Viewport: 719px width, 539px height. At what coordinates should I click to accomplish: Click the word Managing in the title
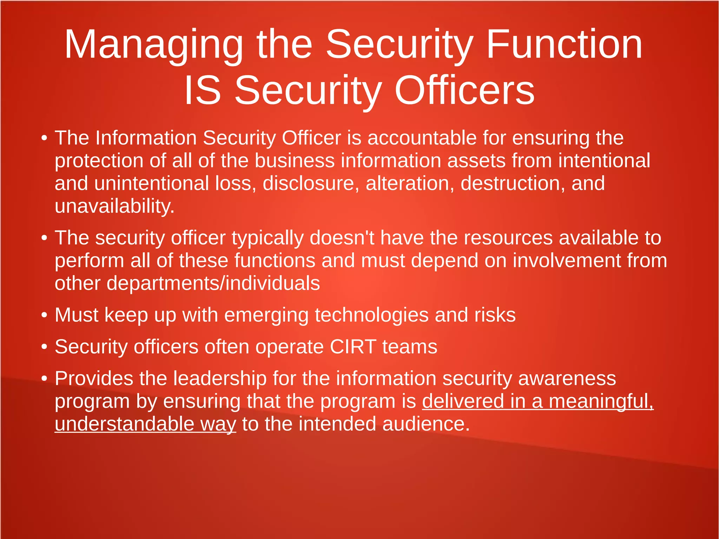click(x=153, y=45)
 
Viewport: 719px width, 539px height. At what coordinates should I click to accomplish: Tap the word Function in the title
click(x=564, y=45)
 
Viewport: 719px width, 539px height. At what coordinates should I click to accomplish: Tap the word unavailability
click(x=114, y=206)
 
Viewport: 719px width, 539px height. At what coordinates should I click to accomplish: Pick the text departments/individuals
click(x=213, y=283)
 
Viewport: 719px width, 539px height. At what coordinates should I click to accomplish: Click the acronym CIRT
click(x=353, y=347)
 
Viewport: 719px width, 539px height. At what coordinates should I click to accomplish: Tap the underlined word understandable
click(x=124, y=424)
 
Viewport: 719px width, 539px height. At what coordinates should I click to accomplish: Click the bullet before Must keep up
click(x=44, y=316)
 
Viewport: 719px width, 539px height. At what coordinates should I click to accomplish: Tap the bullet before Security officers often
click(x=44, y=347)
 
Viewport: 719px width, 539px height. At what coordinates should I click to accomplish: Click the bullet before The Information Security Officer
click(x=44, y=138)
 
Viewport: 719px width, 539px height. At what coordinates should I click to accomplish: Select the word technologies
click(x=371, y=315)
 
